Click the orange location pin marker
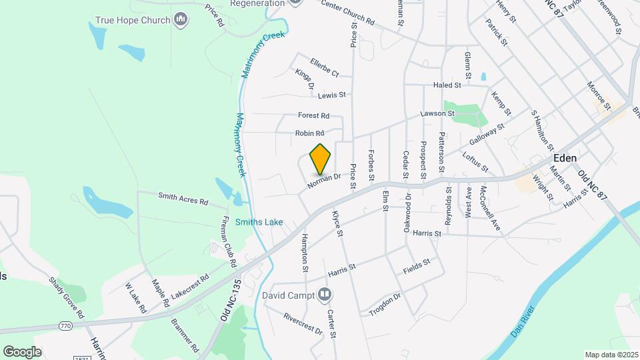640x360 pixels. tap(320, 159)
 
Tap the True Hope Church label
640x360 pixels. tap(133, 20)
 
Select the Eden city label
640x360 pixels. tap(565, 159)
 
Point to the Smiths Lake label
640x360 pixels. tap(263, 222)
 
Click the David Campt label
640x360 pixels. tap(288, 294)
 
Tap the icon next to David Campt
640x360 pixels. tap(324, 294)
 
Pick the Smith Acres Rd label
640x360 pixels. tap(183, 198)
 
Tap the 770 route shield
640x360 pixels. tap(65, 326)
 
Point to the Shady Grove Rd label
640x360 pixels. tap(67, 297)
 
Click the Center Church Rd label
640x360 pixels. tap(348, 13)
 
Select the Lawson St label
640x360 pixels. tap(437, 113)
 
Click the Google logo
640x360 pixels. tap(22, 351)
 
